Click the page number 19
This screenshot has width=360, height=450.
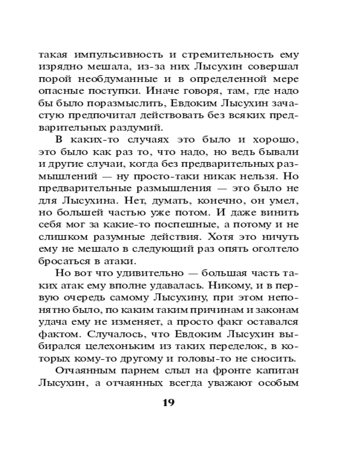[x=167, y=401]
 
